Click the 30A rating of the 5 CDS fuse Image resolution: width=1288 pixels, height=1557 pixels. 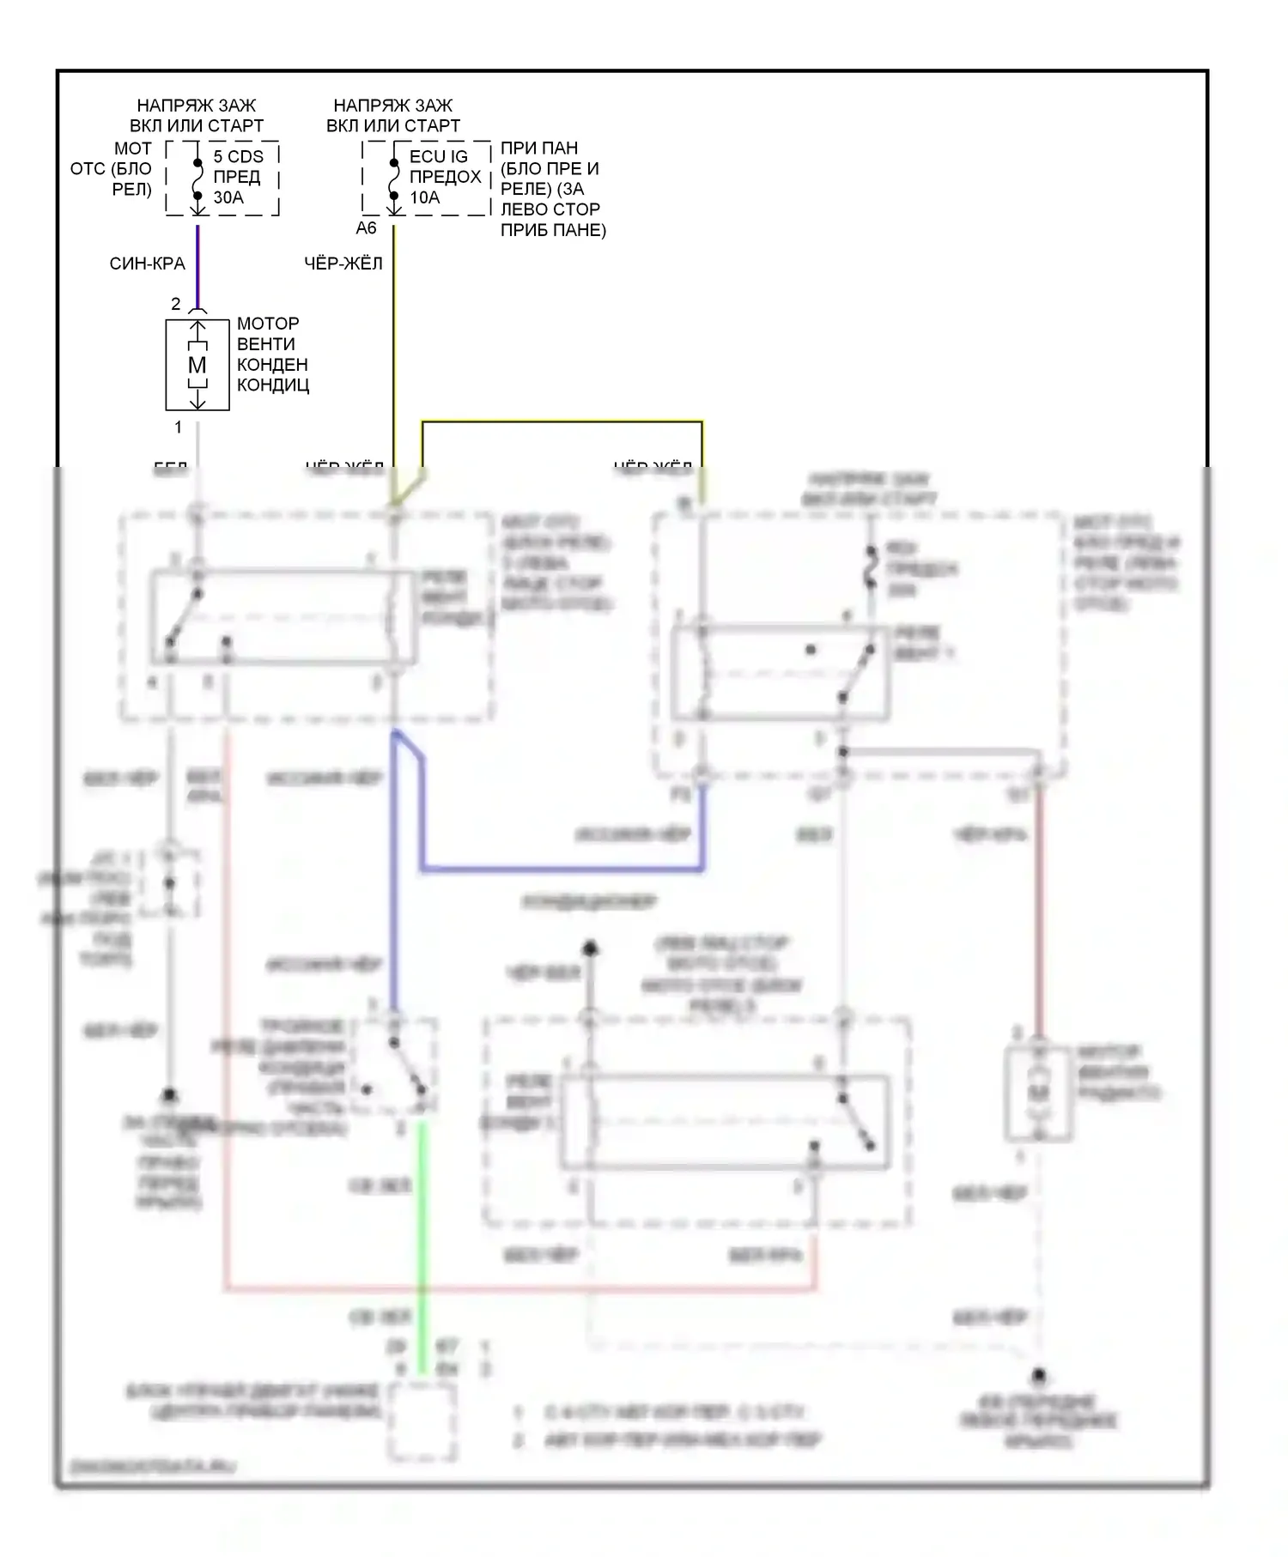(228, 197)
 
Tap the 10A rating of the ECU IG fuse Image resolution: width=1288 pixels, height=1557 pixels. (424, 197)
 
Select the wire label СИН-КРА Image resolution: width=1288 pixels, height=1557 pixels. (147, 264)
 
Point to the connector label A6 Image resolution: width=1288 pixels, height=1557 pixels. (366, 228)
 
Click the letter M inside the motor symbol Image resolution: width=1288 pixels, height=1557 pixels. (197, 365)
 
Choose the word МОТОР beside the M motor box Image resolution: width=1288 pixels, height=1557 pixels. (268, 324)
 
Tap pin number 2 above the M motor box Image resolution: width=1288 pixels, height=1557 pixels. (176, 304)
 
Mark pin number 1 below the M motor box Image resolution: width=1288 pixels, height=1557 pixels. (179, 427)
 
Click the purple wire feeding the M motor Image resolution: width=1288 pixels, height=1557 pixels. (197, 266)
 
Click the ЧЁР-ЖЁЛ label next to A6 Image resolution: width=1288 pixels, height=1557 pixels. (343, 264)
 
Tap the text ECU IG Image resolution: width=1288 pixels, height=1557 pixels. (438, 156)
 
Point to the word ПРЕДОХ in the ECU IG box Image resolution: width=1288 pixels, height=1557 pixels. (445, 177)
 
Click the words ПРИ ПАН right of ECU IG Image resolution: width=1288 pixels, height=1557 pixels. (539, 148)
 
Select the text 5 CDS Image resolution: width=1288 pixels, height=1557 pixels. (238, 156)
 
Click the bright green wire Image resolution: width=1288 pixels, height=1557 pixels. (422, 1245)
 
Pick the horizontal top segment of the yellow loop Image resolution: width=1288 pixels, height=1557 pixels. (562, 421)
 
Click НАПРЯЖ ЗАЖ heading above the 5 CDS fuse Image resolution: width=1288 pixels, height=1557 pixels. (197, 106)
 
